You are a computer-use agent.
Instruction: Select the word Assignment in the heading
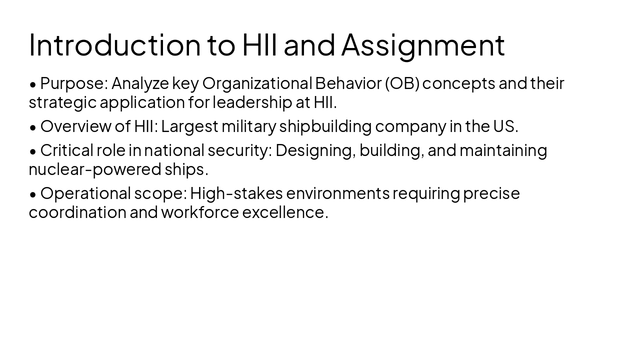pyautogui.click(x=423, y=44)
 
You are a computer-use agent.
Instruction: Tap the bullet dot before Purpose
pyautogui.click(x=33, y=84)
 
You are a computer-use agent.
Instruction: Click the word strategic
pyautogui.click(x=62, y=102)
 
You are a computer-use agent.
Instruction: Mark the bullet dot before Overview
pyautogui.click(x=33, y=127)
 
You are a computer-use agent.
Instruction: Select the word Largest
pyautogui.click(x=189, y=126)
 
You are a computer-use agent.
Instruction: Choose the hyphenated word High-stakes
pyautogui.click(x=236, y=193)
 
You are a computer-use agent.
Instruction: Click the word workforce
pyautogui.click(x=199, y=212)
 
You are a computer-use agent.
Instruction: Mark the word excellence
pyautogui.click(x=284, y=212)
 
